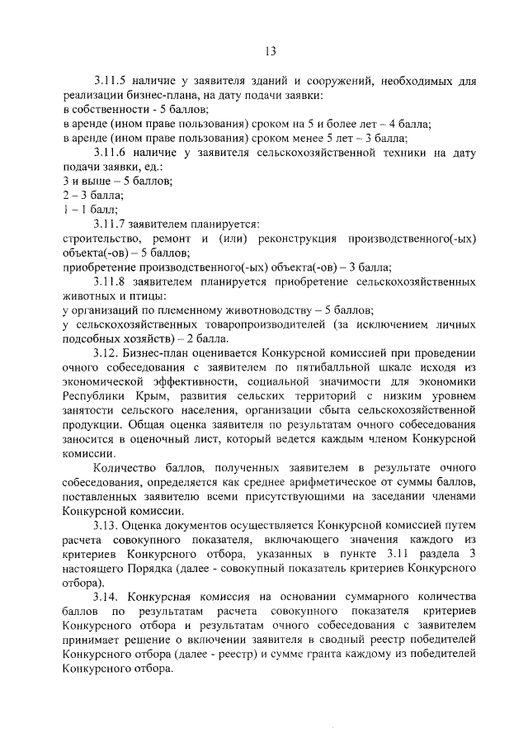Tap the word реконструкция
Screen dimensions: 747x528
(290, 239)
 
